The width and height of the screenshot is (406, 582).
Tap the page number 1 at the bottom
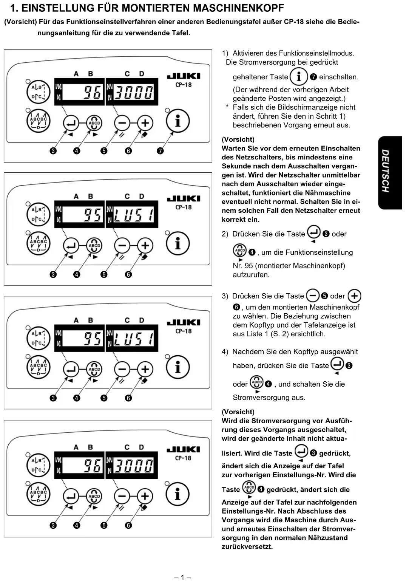(x=182, y=577)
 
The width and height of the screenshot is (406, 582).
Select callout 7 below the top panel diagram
(x=160, y=151)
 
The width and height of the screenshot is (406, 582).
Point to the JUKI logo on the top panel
(x=184, y=76)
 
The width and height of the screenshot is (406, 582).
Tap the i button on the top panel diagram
(x=178, y=121)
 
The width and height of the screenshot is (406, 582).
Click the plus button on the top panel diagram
(x=145, y=123)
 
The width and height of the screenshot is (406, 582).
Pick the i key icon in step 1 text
(x=299, y=77)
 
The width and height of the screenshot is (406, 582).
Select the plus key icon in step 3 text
(x=354, y=296)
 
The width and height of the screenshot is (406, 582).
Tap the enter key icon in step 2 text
(x=313, y=232)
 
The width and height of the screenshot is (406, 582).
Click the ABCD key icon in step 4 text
(x=257, y=382)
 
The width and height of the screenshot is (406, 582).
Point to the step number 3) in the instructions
(x=225, y=296)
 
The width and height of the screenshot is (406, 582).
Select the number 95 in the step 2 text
(x=249, y=266)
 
